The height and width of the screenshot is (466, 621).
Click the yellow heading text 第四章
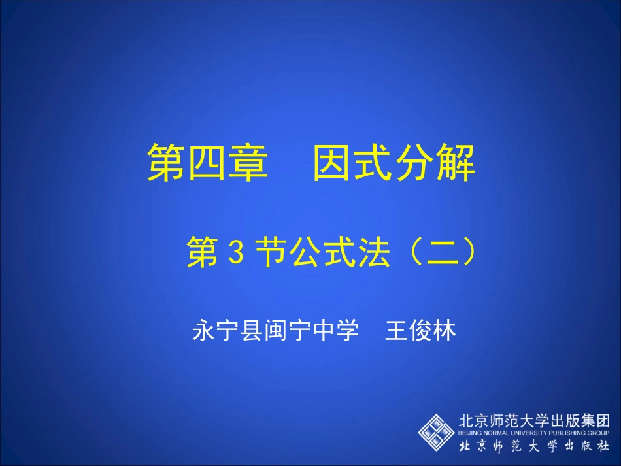point(207,163)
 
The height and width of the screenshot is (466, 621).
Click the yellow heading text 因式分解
point(394,163)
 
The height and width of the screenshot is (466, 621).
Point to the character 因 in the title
point(332,163)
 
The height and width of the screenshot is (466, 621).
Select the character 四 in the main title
point(208,163)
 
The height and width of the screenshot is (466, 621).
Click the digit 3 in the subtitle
point(237,254)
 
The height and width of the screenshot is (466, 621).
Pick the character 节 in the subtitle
point(269,253)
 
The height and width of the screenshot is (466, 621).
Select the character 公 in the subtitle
point(303,253)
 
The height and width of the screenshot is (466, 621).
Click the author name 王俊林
point(420,331)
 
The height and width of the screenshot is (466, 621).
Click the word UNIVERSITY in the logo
point(529,433)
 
